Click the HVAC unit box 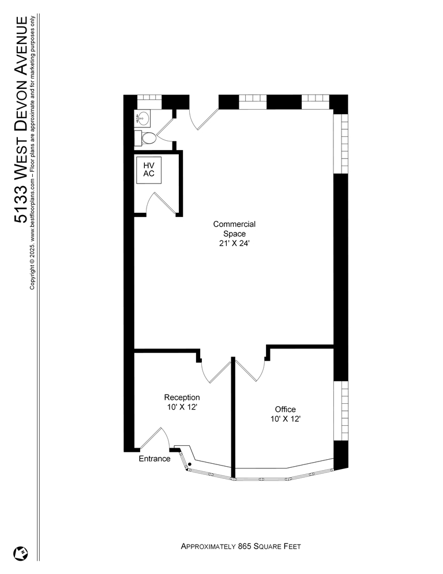click(149, 170)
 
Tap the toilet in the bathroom click(146, 138)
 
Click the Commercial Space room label click(234, 229)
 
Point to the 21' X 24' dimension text click(234, 243)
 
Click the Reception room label click(182, 397)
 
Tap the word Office click(285, 409)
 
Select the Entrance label click(155, 459)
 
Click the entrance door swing click(155, 438)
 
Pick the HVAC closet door click(161, 203)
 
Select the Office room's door click(250, 370)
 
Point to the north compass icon click(21, 553)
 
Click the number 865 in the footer click(245, 546)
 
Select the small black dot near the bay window click(190, 464)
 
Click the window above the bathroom click(149, 97)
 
